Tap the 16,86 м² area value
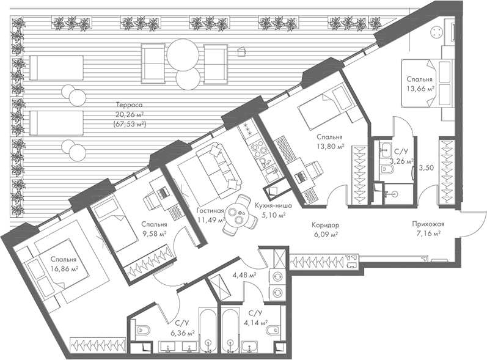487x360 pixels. pos(65,268)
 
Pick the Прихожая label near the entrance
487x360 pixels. pos(428,224)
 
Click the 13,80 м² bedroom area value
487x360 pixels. pos(330,147)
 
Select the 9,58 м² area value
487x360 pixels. pos(154,233)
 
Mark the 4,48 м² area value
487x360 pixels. pos(243,274)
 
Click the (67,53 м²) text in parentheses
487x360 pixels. pos(129,124)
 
